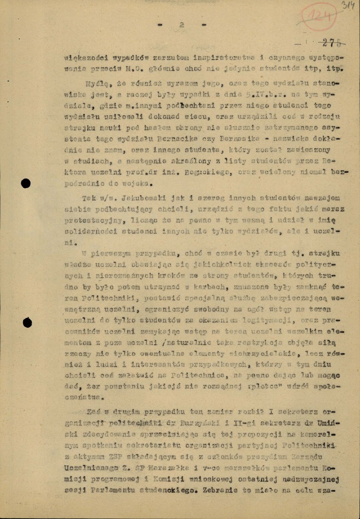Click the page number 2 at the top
pyautogui.click(x=182, y=25)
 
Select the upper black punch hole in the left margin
pyautogui.click(x=26, y=183)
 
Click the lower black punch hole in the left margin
pyautogui.click(x=27, y=323)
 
